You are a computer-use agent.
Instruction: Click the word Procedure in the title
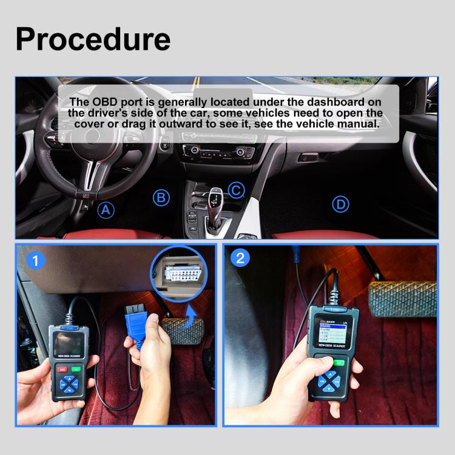tap(93, 38)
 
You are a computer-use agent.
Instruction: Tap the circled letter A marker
tap(106, 210)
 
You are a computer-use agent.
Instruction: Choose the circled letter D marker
tap(341, 204)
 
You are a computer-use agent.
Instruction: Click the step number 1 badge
tap(38, 261)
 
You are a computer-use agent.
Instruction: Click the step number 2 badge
tap(241, 257)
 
